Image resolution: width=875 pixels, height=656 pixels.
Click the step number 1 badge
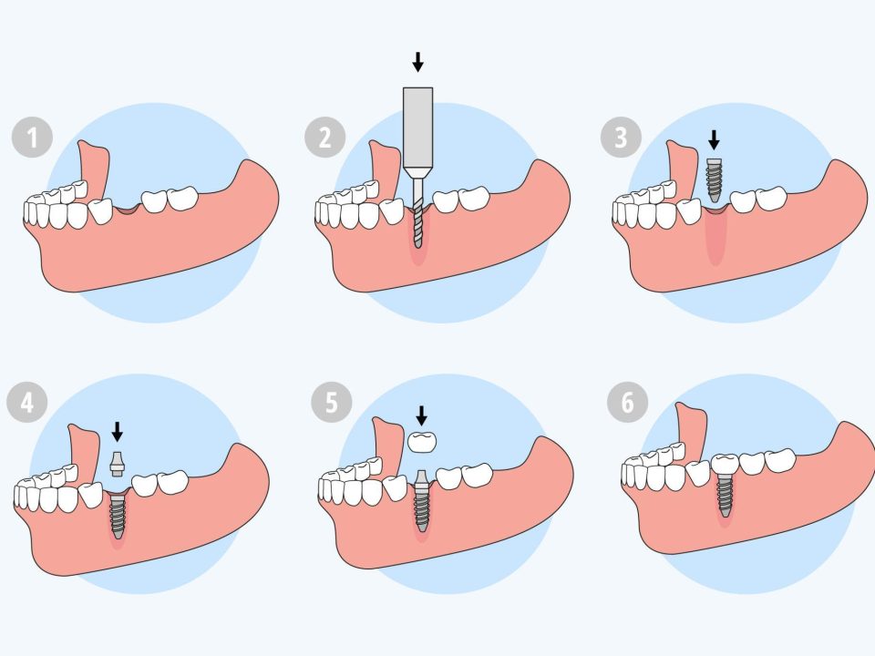coord(33,139)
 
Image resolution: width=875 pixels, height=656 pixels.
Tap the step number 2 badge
coord(325,139)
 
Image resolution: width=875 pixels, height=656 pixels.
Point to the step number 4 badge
coord(26,403)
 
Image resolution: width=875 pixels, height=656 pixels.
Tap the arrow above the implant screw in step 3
coord(715,139)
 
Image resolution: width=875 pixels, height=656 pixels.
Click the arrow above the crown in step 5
coord(421,415)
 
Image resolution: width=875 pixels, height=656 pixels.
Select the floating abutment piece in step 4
coord(117,464)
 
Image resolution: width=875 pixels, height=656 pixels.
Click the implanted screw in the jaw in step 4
coord(117,515)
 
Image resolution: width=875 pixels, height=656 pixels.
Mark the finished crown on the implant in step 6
coord(726,464)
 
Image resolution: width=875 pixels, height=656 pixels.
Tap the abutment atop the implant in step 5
coord(421,481)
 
